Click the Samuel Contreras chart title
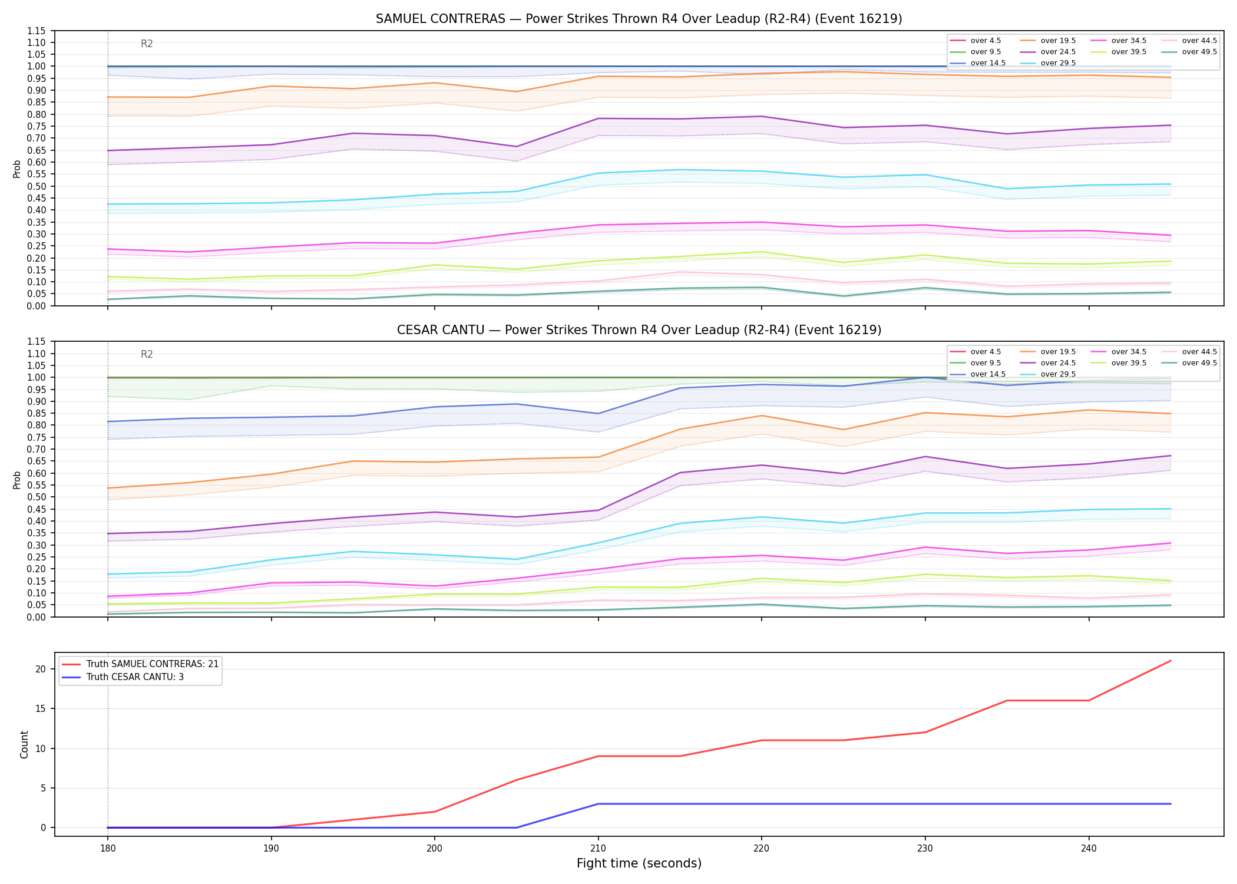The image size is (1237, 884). pyautogui.click(x=639, y=19)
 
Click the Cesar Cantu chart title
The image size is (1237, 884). pyautogui.click(x=639, y=330)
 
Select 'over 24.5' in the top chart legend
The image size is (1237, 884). pyautogui.click(x=1058, y=52)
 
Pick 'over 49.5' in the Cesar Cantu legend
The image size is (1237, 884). pyautogui.click(x=1199, y=363)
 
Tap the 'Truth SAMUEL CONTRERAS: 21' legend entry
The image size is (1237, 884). pyautogui.click(x=153, y=664)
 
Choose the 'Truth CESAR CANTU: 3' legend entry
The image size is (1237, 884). pyautogui.click(x=135, y=677)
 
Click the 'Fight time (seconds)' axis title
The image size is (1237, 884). pyautogui.click(x=639, y=863)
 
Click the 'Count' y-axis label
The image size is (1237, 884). pyautogui.click(x=24, y=744)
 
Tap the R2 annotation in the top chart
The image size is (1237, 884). pyautogui.click(x=147, y=44)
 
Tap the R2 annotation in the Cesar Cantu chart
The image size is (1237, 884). pyautogui.click(x=147, y=354)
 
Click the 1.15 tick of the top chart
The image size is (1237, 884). pyautogui.click(x=37, y=31)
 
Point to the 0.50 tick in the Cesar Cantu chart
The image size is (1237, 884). pyautogui.click(x=37, y=497)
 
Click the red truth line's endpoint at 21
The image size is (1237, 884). pyautogui.click(x=1170, y=661)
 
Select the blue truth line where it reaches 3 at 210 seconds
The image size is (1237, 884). pyautogui.click(x=598, y=804)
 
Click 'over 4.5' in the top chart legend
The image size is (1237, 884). pyautogui.click(x=985, y=41)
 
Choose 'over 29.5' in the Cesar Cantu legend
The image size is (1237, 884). pyautogui.click(x=1058, y=374)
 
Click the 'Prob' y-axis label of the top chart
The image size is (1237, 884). pyautogui.click(x=17, y=169)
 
